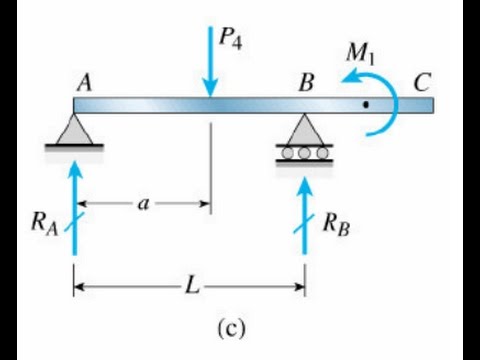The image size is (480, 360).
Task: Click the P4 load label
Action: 231,41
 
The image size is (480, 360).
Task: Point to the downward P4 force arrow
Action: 210,60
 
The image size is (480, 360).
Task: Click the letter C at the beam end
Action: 424,84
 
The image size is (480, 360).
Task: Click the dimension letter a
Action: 143,204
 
